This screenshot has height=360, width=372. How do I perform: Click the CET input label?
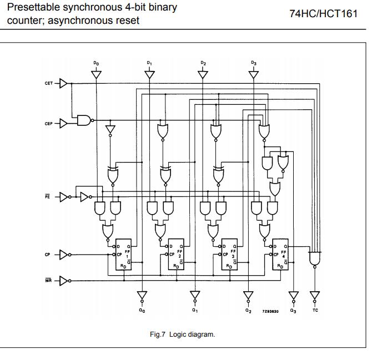48,84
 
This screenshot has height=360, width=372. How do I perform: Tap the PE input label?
48,196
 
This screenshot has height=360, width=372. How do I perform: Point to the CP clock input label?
48,255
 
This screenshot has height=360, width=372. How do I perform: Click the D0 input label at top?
96,64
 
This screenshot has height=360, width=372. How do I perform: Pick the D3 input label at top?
254,64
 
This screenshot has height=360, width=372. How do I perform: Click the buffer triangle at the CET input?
63,84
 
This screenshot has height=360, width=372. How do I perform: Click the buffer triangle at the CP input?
63,255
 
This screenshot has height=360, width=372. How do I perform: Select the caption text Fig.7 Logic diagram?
186,334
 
